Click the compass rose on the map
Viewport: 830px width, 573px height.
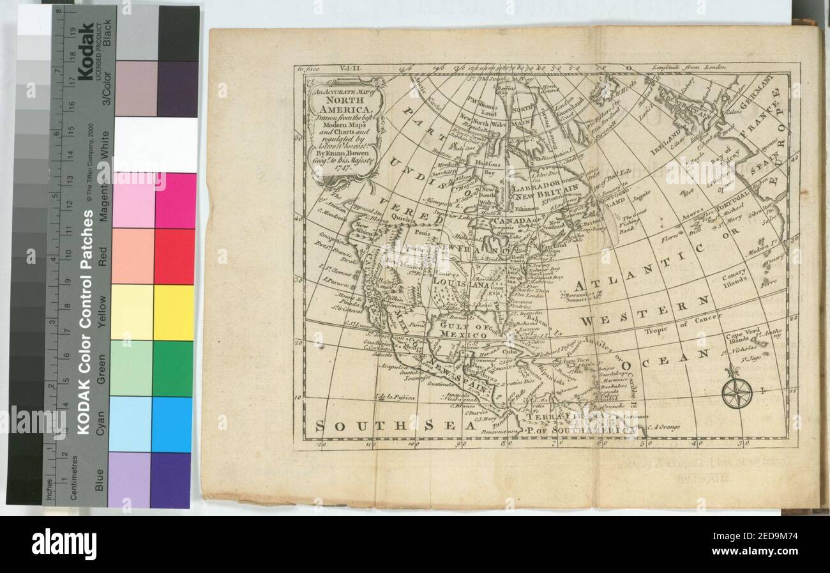coord(736,392)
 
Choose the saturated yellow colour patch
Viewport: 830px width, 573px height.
coord(173,312)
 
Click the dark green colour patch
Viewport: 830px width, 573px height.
coord(172,369)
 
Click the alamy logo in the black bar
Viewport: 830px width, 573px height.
coord(64,544)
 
